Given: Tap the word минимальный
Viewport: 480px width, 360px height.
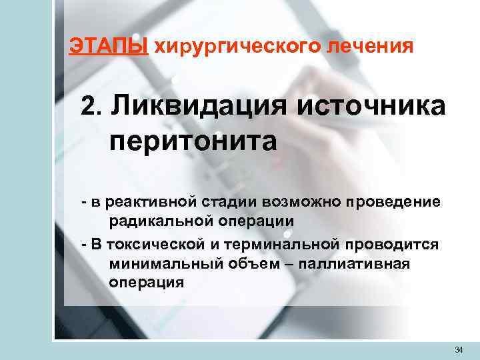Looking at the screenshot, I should [159, 263].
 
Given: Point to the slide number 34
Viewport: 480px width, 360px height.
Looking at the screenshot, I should [458, 349].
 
